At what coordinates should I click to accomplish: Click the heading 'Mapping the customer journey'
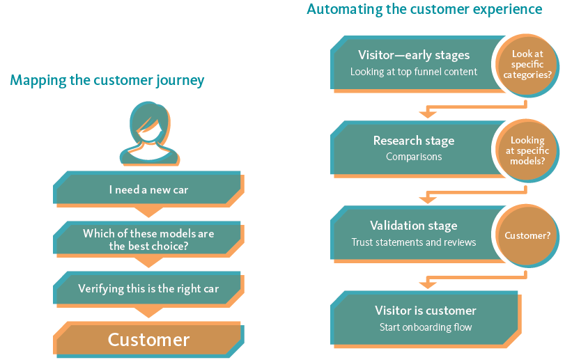(107, 80)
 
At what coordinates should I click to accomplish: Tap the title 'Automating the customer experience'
(424, 9)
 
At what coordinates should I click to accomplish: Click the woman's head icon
(149, 133)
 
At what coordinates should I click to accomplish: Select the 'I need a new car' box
(148, 189)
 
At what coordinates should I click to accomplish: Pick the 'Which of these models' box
(148, 240)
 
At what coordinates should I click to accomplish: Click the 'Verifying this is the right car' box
(148, 289)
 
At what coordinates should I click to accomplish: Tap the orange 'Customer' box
(148, 339)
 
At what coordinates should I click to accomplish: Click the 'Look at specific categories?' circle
(527, 65)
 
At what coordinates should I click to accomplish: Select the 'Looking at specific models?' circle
(527, 150)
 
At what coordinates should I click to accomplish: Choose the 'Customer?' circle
(527, 236)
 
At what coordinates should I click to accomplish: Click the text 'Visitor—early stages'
(414, 55)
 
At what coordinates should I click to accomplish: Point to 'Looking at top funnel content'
(414, 72)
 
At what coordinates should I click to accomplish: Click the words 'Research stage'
(414, 141)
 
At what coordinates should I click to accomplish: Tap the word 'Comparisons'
(414, 157)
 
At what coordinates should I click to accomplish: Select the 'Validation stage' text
(414, 226)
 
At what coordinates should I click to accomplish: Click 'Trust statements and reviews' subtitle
(414, 242)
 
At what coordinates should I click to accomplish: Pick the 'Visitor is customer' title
(426, 311)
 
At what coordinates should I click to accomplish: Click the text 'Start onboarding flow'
(426, 327)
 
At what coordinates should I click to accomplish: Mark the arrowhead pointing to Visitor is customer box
(428, 285)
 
